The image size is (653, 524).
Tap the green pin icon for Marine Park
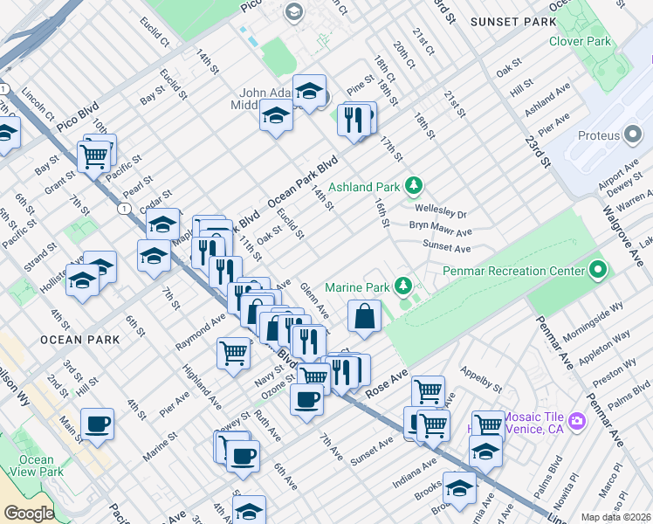click(402, 286)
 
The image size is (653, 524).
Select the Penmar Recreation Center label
click(512, 271)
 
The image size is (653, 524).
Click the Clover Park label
click(579, 41)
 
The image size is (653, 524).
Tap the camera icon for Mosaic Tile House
click(576, 423)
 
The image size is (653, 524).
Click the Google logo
click(29, 514)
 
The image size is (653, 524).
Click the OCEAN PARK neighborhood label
click(72, 338)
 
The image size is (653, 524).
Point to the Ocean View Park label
click(37, 465)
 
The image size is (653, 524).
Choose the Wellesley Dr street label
click(442, 213)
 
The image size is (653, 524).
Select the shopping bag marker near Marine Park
click(363, 316)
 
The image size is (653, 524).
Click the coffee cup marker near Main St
click(97, 424)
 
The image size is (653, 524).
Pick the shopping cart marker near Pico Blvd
click(93, 156)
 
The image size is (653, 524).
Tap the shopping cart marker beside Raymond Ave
click(233, 352)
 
